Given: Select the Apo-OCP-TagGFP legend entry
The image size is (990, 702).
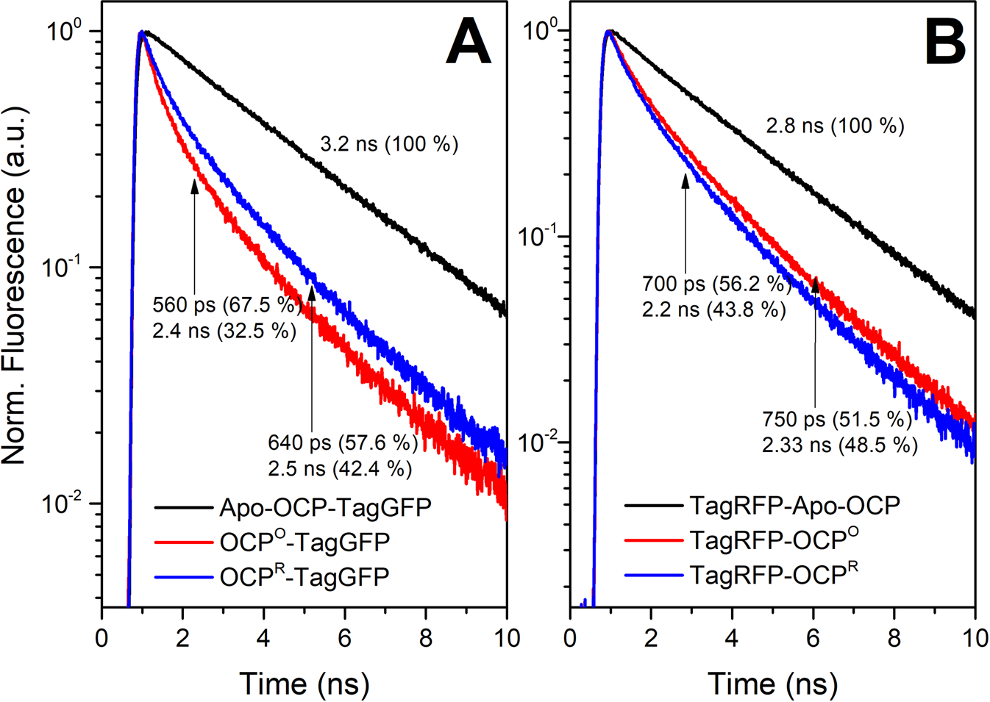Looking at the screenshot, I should coord(325,507).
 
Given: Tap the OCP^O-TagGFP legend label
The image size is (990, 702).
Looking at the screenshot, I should coord(305,542).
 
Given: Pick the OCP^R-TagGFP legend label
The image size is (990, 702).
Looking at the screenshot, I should coord(304,577).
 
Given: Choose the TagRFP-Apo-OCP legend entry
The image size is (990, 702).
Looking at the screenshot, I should coord(795,506).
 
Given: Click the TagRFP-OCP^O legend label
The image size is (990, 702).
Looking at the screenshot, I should coord(774,540).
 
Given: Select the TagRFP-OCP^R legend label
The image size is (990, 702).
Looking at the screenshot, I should coord(774,574).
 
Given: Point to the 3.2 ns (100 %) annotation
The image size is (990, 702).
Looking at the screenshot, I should coord(389,143).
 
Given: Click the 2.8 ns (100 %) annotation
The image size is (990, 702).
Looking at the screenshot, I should coord(836,126).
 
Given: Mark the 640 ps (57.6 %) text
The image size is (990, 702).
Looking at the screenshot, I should coord(343,443).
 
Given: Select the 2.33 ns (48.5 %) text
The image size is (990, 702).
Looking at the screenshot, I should coord(840,445).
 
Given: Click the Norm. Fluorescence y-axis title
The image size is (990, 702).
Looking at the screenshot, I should coord(15,285).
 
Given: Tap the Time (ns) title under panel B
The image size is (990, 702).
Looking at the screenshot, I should coord(772,684).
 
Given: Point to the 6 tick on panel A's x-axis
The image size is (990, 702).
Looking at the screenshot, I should coord(345,637).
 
